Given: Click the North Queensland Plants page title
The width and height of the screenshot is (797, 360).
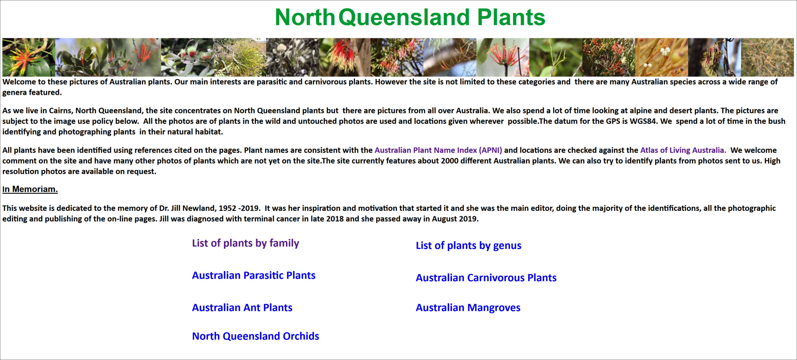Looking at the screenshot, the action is pos(410,17).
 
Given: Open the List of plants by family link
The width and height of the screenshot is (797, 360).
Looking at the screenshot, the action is pos(246,243).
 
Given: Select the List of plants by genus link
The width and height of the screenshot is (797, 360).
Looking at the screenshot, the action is pos(469,245).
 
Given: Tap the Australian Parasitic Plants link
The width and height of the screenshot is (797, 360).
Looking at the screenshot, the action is pos(254,275).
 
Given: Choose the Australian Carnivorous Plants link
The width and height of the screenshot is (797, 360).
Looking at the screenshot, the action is pos(486,278).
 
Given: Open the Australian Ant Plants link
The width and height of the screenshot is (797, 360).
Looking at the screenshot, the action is pos(242,307).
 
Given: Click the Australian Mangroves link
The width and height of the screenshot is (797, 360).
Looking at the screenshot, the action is pos(468,308).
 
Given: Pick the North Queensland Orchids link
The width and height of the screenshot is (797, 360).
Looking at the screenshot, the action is pos(256,336).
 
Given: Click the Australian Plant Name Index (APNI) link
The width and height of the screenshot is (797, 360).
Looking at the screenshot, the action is pos(438,150).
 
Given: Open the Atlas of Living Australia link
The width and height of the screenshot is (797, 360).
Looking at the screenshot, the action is pos(683,150).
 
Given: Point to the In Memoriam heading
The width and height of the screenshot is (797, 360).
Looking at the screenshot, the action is pos(30,189).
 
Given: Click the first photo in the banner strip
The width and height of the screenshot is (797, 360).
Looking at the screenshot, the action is pos(29,57).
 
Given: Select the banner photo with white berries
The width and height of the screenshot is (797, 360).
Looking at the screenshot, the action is pos(662,57).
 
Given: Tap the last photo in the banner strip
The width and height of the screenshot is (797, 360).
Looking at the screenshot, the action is pos(767,57).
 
